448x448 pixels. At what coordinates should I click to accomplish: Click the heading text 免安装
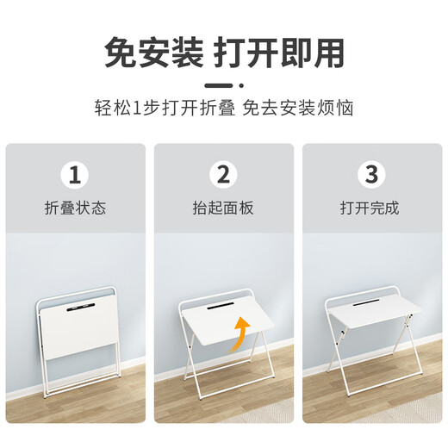tap(152, 53)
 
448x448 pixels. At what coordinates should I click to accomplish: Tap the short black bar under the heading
tap(224, 86)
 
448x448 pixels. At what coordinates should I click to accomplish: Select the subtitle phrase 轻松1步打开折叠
tap(160, 109)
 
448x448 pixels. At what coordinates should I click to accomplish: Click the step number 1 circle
tap(75, 176)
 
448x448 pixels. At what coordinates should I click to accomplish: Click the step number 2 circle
tap(223, 176)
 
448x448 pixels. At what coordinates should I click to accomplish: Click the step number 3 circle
tap(371, 176)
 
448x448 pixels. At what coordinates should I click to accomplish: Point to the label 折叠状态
tap(75, 208)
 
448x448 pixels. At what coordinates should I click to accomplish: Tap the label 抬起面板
tap(223, 208)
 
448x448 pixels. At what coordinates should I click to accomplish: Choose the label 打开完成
tap(371, 208)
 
